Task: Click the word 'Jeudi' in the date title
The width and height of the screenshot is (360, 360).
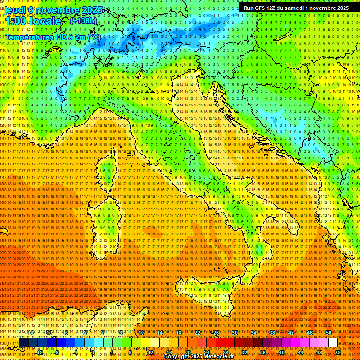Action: click(15, 10)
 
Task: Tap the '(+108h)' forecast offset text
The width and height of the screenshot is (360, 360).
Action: click(83, 21)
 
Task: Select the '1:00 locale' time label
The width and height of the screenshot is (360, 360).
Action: click(33, 22)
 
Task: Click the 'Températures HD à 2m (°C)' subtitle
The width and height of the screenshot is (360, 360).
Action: click(52, 37)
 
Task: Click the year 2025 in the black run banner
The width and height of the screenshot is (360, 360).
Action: click(339, 8)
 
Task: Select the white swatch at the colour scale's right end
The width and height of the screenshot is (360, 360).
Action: click(333, 343)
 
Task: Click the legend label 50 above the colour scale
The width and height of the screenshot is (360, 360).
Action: click(329, 333)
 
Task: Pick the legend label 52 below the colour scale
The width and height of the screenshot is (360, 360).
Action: click(338, 352)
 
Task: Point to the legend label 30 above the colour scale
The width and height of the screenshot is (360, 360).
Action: click(235, 333)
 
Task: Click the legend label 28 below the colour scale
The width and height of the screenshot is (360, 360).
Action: click(225, 352)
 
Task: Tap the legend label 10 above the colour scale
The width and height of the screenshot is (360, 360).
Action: click(141, 333)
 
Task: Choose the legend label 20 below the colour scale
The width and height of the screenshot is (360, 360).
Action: click(188, 352)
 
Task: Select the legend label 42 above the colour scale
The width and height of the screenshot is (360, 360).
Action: click(291, 333)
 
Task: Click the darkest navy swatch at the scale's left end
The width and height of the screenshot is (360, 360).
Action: click(23, 343)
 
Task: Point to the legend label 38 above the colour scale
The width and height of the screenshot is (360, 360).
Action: click(272, 333)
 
